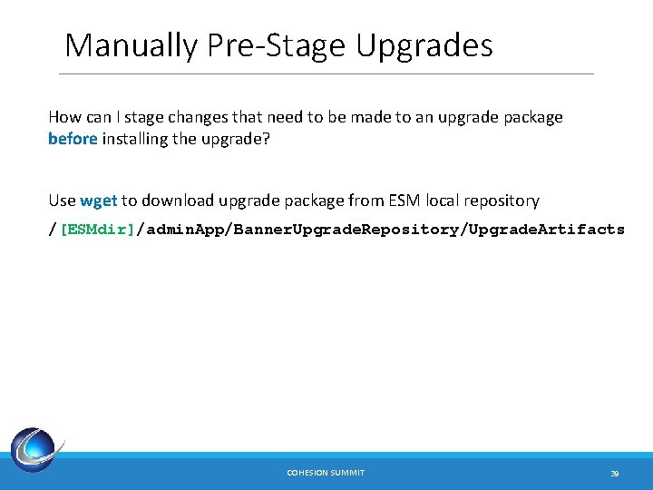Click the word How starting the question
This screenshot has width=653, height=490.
pos(63,117)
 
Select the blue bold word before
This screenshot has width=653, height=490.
pos(73,140)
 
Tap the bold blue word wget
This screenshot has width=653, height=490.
pos(99,201)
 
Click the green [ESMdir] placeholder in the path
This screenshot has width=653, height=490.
pos(97,230)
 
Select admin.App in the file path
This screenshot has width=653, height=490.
pos(184,230)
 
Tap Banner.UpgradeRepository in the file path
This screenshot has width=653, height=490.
pos(346,230)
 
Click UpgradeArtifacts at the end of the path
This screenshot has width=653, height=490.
pos(546,230)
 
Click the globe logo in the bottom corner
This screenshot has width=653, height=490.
pos(36,449)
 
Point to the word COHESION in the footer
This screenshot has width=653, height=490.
pos(308,473)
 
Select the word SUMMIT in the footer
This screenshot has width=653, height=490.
pos(348,473)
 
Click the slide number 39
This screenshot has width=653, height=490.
pos(614,473)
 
